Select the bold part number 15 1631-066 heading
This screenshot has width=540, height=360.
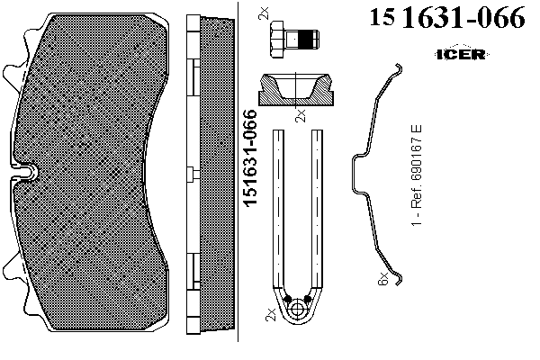(446, 20)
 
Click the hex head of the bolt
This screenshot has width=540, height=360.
(277, 40)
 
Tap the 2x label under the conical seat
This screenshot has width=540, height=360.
(301, 115)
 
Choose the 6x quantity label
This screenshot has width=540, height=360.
(384, 279)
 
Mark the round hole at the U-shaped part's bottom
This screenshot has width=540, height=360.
(298, 310)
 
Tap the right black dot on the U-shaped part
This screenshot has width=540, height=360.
(308, 299)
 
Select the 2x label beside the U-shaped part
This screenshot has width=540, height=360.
(271, 315)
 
